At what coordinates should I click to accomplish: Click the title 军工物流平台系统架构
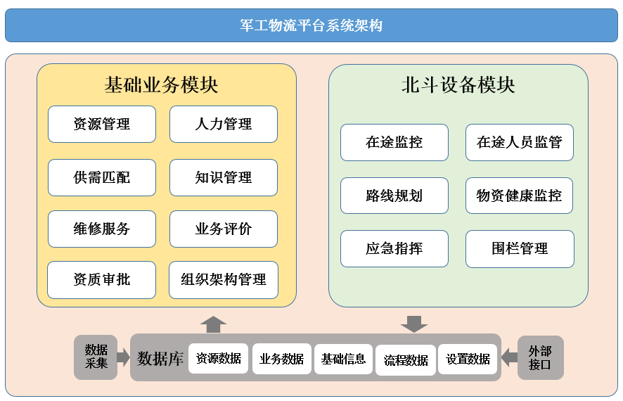click(311, 25)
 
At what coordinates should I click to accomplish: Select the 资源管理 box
click(102, 124)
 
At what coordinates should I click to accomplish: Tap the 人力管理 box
click(224, 124)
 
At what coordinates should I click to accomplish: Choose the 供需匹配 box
click(102, 177)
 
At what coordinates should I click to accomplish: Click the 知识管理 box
click(224, 177)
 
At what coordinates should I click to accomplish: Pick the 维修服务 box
click(102, 229)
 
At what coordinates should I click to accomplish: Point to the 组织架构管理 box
click(224, 280)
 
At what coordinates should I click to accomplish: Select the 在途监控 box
click(394, 142)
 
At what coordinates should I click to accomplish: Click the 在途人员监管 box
click(520, 142)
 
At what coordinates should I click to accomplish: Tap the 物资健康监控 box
click(520, 196)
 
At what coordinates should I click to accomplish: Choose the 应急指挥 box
click(394, 248)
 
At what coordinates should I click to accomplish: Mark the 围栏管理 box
click(520, 249)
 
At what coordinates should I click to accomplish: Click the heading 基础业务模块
click(161, 84)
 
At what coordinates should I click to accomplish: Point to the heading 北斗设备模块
click(458, 84)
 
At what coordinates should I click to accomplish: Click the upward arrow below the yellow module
click(213, 325)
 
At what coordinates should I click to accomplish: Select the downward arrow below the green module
click(414, 324)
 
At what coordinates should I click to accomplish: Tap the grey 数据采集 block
click(96, 357)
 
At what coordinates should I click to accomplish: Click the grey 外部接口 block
click(540, 357)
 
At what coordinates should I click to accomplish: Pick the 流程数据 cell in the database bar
click(406, 360)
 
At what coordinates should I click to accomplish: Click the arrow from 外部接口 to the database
click(509, 357)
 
